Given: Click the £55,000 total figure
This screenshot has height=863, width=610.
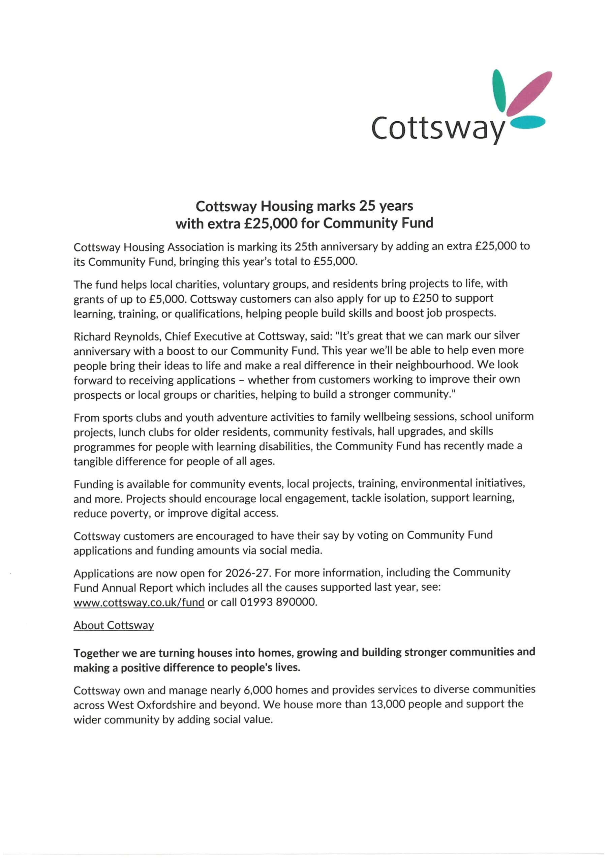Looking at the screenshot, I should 335,261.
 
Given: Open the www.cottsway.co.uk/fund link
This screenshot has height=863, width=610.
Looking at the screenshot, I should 139,602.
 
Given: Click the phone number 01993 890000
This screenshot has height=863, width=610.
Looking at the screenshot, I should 278,602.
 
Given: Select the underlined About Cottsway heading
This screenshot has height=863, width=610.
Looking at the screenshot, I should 114,625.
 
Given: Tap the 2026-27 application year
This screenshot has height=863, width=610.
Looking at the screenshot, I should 248,573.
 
